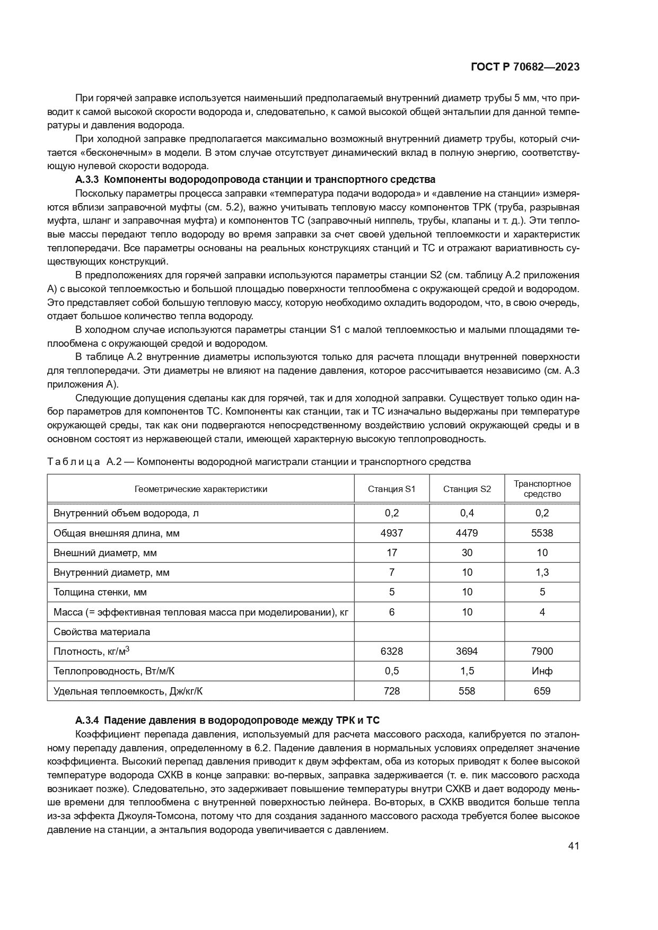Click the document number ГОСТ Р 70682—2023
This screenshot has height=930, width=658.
tap(524, 67)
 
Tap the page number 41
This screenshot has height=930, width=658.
tap(573, 846)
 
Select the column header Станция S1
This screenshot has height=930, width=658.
tap(391, 489)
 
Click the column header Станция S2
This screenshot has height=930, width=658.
tap(467, 489)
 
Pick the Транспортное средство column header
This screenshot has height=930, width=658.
tap(542, 489)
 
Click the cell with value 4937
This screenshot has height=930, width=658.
tap(391, 533)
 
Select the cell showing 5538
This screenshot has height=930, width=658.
tap(542, 533)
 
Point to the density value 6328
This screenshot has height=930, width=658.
tap(391, 651)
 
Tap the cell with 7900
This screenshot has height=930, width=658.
tap(542, 651)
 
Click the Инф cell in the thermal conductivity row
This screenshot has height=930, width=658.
tap(542, 671)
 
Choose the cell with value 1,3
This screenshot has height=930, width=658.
tap(542, 573)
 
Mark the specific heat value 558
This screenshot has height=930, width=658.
tap(467, 691)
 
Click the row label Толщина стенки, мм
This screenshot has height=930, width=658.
tap(100, 592)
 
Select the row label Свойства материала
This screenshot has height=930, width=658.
tap(102, 632)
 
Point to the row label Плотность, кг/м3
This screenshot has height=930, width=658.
tap(92, 651)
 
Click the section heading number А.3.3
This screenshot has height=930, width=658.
tap(87, 179)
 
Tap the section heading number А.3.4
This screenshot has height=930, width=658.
tap(87, 720)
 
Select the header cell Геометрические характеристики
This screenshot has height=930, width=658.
tap(200, 489)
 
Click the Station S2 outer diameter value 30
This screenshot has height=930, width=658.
tap(467, 553)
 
